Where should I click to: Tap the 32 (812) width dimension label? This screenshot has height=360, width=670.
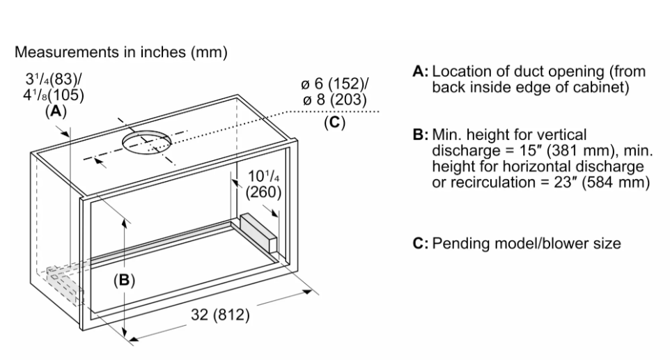pos(220,315)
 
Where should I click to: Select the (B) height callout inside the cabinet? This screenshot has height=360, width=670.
pos(125,280)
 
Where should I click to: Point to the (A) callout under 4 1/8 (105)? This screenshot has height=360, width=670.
pos(56,111)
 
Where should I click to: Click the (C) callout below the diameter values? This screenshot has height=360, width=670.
pos(334,122)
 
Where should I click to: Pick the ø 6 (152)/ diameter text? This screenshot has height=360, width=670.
pos(334,84)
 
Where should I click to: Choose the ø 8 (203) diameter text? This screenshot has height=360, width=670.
pos(334,100)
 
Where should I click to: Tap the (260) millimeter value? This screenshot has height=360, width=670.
pos(264,193)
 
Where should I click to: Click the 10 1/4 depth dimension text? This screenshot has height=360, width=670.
pos(264,176)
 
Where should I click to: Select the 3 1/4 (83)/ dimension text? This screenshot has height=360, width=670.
pos(54,79)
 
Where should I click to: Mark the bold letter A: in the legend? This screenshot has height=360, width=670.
pos(421,71)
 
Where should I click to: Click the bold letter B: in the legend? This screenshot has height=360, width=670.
pos(421,135)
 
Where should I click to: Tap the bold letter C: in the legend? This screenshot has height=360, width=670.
pos(421,244)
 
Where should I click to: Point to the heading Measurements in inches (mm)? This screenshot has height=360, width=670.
pos(121,52)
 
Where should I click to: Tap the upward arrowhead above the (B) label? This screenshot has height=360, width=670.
pos(125,221)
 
